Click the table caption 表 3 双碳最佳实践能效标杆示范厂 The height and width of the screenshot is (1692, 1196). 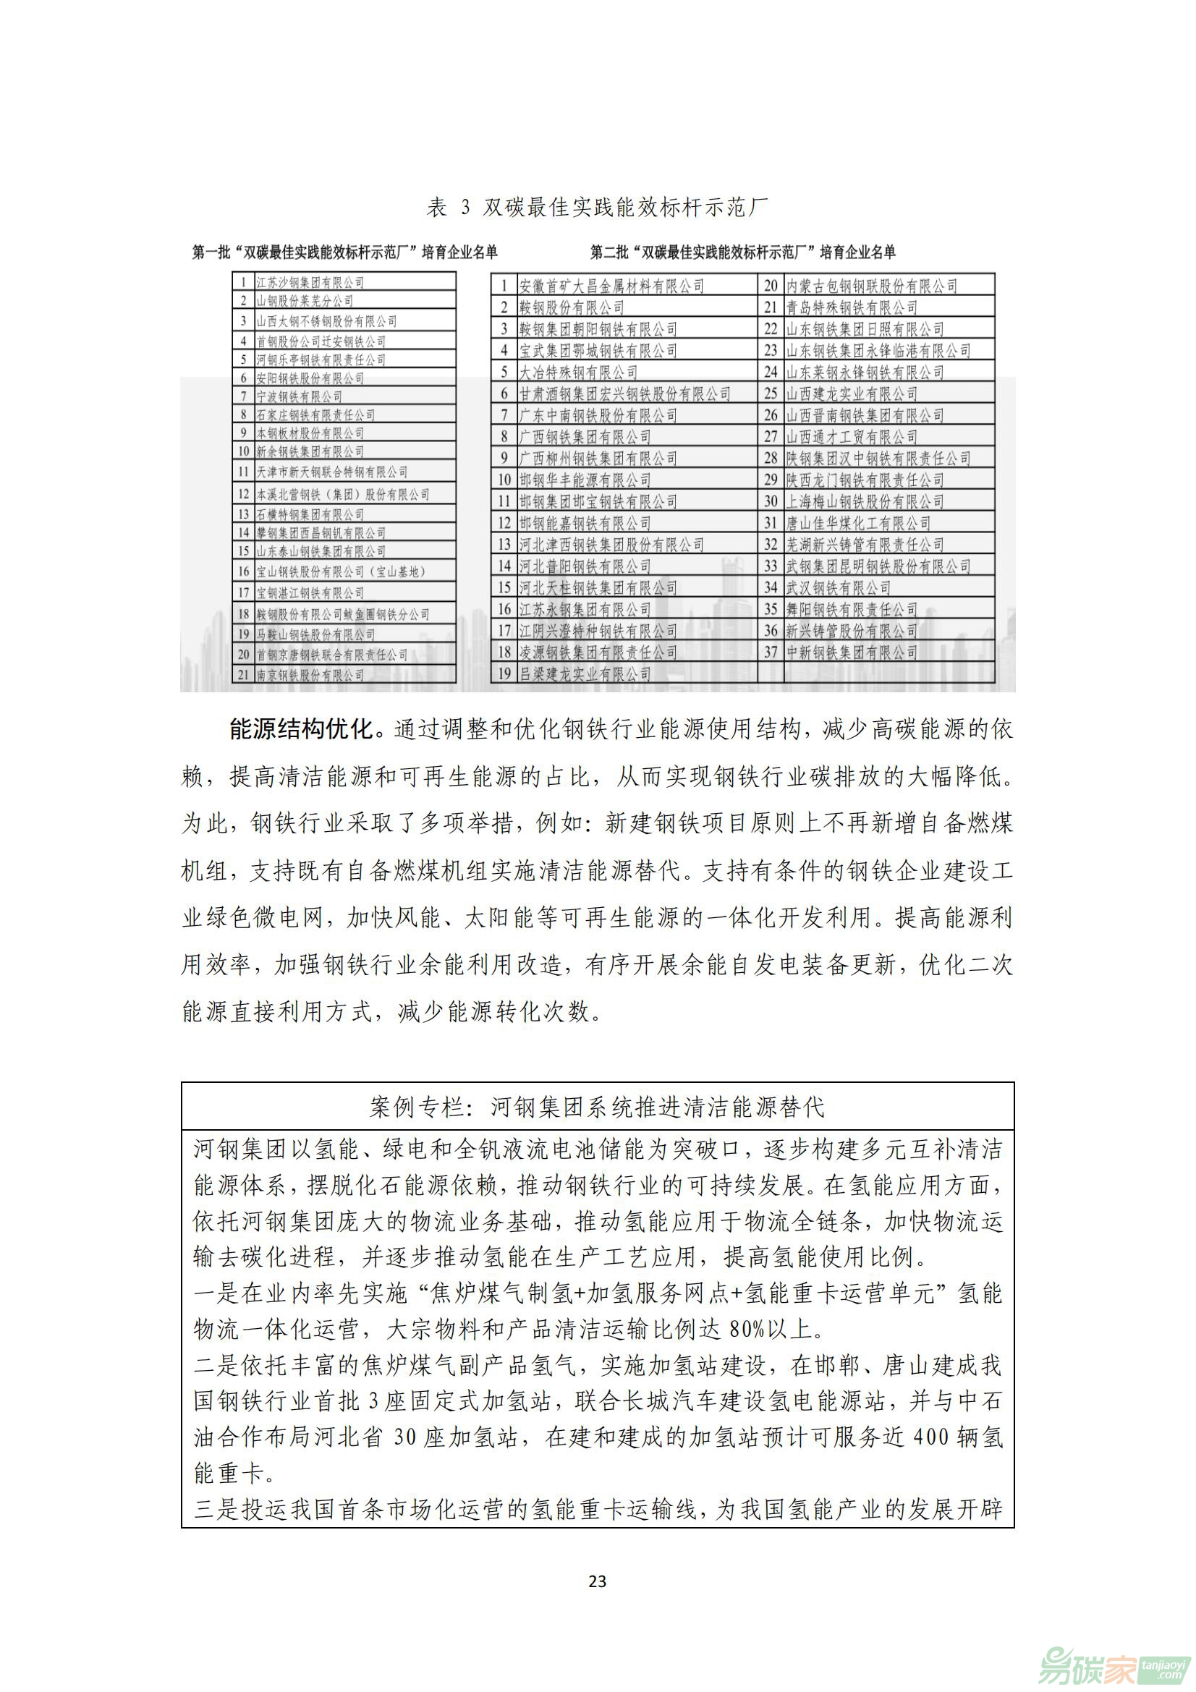pos(597,208)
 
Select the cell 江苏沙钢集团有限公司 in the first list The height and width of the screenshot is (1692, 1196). pos(310,282)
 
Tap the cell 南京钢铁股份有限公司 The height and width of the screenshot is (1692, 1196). pos(310,674)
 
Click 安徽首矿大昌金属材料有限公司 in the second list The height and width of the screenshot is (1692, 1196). pos(611,286)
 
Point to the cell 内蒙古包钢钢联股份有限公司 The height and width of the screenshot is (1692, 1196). pos(871,286)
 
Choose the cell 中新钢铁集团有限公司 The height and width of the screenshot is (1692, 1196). pos(851,652)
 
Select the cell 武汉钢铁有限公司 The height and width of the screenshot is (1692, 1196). pos(838,587)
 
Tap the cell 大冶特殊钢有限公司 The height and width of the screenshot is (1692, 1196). pos(579,372)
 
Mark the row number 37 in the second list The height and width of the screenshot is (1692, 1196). pos(771,652)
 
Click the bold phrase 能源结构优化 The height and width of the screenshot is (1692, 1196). pos(302,730)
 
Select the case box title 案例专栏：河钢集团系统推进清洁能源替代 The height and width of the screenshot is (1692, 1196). pos(597,1107)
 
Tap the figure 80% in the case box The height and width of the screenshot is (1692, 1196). pos(747,1330)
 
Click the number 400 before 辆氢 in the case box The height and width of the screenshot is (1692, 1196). pos(930,1437)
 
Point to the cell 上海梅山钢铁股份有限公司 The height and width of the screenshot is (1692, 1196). pos(865,501)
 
